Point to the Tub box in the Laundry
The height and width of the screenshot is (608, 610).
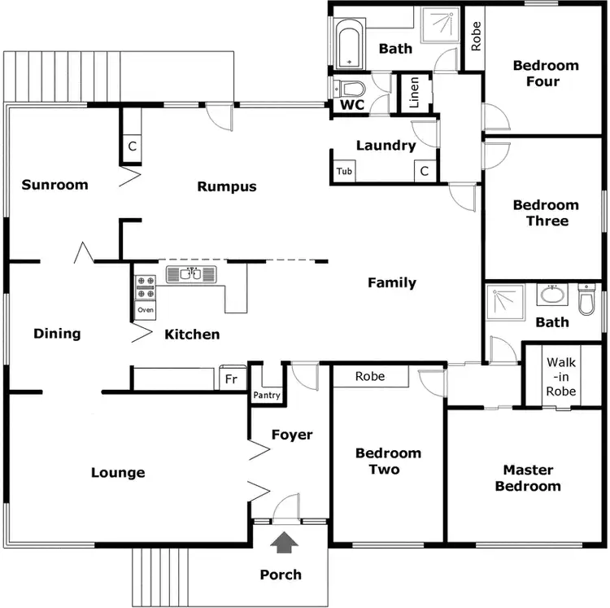coord(344,172)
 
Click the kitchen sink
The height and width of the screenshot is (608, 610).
coord(194,274)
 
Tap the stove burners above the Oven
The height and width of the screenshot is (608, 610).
coord(146,288)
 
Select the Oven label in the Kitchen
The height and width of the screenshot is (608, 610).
coord(146,310)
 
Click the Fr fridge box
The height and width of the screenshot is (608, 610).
coord(230,379)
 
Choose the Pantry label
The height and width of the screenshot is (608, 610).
coord(267,396)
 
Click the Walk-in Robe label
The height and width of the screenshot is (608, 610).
coord(561,377)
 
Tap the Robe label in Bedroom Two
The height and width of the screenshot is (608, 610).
coord(370,376)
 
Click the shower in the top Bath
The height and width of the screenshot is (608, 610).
coord(440,28)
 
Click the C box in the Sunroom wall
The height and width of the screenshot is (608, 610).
coord(132,147)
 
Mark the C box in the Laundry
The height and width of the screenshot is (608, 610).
coord(424,172)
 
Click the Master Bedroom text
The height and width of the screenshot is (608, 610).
coord(528,478)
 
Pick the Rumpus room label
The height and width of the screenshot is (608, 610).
coord(227,186)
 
